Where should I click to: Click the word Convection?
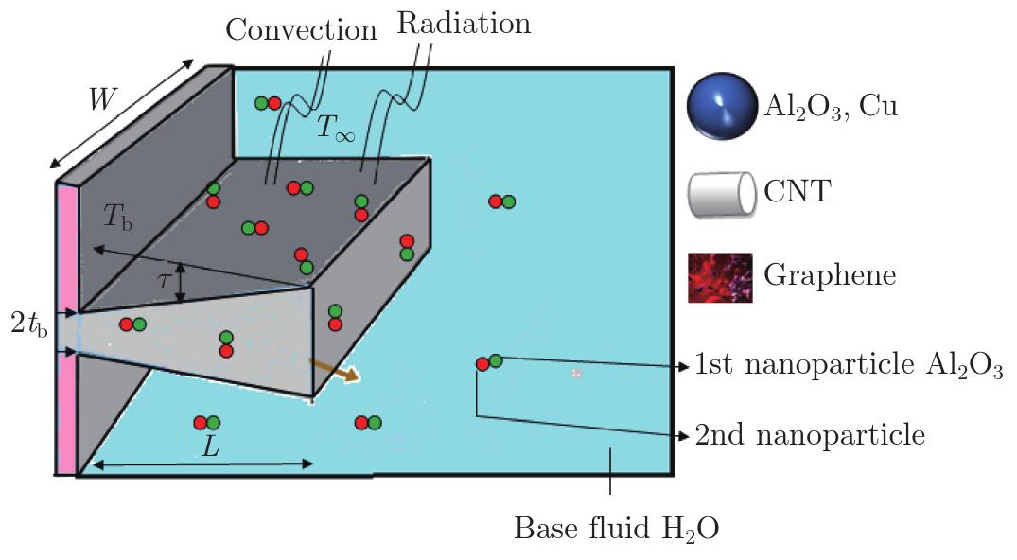[x=301, y=30]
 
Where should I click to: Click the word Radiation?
[x=464, y=24]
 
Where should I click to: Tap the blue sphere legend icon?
[x=722, y=107]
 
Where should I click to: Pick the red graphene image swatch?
[x=721, y=278]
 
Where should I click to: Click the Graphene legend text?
[x=830, y=276]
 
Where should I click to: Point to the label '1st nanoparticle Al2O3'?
[x=849, y=365]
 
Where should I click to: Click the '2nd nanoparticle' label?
[x=810, y=435]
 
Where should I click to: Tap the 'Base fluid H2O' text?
[x=616, y=529]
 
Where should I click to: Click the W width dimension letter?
[x=102, y=99]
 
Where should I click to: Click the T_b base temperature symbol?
[x=118, y=218]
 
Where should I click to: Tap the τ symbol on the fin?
[x=165, y=280]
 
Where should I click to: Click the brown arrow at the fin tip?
[x=333, y=370]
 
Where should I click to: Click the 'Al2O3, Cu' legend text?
[x=831, y=106]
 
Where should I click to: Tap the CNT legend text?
[x=798, y=191]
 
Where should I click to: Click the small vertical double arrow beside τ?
[x=181, y=283]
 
